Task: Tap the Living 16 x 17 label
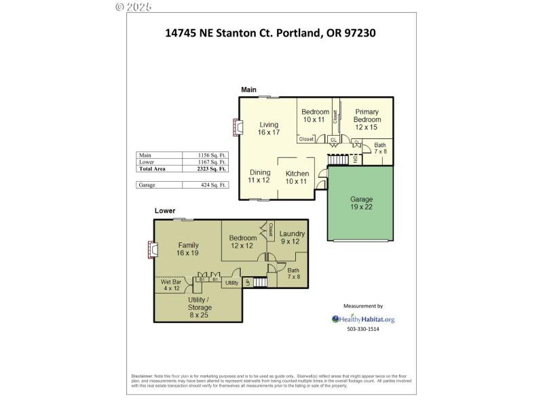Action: coord(269,128)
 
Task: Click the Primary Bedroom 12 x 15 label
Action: coord(366,119)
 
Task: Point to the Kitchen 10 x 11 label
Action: coord(297,177)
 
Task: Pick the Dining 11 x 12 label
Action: coord(259,176)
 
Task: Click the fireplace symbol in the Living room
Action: coord(237,127)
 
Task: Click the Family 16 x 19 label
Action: coord(187,249)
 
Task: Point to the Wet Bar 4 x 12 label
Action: coord(171,285)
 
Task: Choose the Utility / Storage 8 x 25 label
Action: coord(200,307)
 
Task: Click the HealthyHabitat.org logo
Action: coord(363,319)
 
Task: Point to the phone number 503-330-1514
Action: coord(363,329)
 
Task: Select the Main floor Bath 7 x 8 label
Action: coord(380,148)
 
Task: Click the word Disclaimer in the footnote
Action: coord(142,376)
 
